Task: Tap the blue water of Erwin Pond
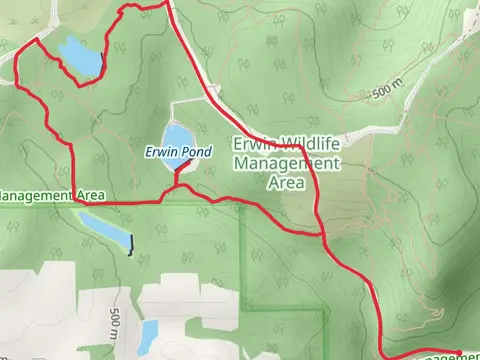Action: pos(176,136)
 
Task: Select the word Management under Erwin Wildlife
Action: pos(287,163)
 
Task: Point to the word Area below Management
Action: pos(287,182)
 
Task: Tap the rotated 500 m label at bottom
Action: pos(116,326)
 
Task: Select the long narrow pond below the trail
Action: pos(105,229)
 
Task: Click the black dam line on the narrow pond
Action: pos(130,244)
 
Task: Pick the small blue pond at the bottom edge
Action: pos(146,338)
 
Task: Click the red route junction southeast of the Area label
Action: pos(324,237)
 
